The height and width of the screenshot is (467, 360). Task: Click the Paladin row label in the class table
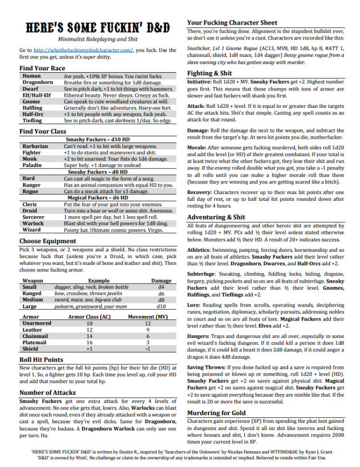click(32, 165)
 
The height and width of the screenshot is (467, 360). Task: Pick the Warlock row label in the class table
click(33, 223)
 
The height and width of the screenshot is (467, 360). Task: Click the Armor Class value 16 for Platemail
click(89, 342)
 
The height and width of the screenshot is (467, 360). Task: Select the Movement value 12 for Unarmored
click(148, 324)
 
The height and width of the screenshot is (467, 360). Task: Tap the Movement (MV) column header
click(148, 317)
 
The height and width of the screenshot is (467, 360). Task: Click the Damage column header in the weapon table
click(161, 281)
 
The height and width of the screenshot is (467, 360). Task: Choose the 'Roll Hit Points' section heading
click(41, 359)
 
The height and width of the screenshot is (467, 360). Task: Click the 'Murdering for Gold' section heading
click(216, 413)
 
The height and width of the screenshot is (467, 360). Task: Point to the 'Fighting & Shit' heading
click(209, 73)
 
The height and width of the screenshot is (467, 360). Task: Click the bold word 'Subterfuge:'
click(203, 273)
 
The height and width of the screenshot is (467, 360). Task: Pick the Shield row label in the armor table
click(30, 349)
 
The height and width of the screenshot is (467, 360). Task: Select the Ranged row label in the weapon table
click(32, 293)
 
